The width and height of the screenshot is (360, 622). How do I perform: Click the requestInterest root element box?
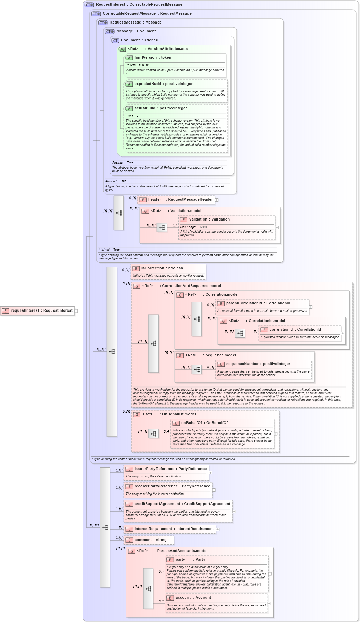click(37, 310)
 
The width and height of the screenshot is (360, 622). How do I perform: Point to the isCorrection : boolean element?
click(162, 268)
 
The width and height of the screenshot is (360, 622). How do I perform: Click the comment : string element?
click(150, 540)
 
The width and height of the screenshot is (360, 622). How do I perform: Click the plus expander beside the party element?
click(270, 574)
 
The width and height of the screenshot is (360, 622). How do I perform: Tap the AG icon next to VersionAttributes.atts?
click(122, 49)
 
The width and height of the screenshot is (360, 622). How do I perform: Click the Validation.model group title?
click(186, 211)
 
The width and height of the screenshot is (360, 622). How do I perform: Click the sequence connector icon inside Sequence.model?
click(197, 369)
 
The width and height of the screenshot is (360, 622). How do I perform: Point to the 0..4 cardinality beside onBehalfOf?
click(166, 431)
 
